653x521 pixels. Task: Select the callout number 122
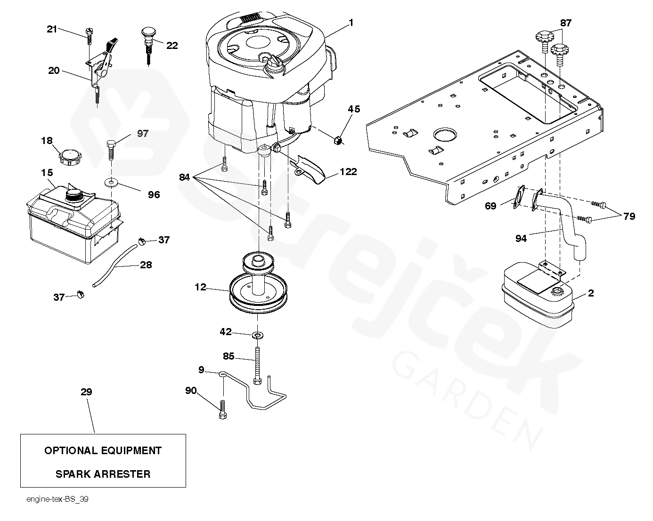pyautogui.click(x=348, y=172)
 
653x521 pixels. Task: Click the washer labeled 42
pyautogui.click(x=258, y=335)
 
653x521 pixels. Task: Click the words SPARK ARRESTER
pyautogui.click(x=103, y=474)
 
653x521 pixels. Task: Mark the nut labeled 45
pyautogui.click(x=338, y=140)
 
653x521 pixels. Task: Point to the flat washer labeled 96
pyautogui.click(x=112, y=182)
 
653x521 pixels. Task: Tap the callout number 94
pyautogui.click(x=521, y=239)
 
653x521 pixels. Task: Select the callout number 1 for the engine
pyautogui.click(x=351, y=22)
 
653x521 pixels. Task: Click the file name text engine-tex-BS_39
pyautogui.click(x=57, y=499)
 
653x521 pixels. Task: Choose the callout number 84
pyautogui.click(x=184, y=177)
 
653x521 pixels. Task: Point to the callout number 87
pyautogui.click(x=565, y=23)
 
